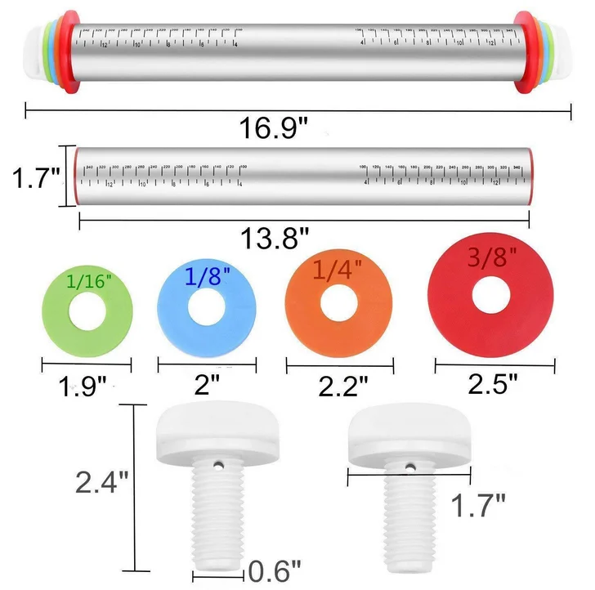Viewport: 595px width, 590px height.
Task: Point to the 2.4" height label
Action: tap(101, 483)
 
